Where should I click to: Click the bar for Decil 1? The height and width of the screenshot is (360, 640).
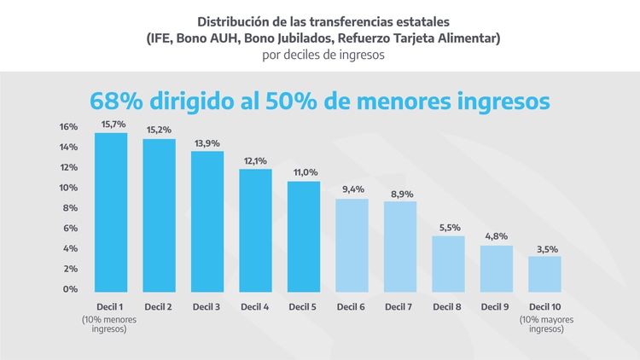tap(111, 213)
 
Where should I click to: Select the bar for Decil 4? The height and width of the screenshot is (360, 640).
tap(255, 231)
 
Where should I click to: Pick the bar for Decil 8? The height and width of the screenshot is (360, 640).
tap(448, 264)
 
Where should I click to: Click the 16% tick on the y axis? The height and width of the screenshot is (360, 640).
tap(68, 127)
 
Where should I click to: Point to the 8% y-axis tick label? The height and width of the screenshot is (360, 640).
tap(70, 208)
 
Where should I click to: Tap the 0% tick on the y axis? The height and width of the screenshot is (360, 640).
tap(70, 289)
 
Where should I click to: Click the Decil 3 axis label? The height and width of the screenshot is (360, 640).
tap(207, 306)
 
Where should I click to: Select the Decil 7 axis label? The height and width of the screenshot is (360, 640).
tap(399, 306)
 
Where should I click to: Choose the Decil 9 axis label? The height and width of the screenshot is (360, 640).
tap(496, 306)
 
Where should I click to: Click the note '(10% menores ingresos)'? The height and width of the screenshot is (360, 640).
tap(109, 324)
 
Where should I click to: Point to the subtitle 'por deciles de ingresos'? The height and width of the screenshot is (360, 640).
tap(319, 55)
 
